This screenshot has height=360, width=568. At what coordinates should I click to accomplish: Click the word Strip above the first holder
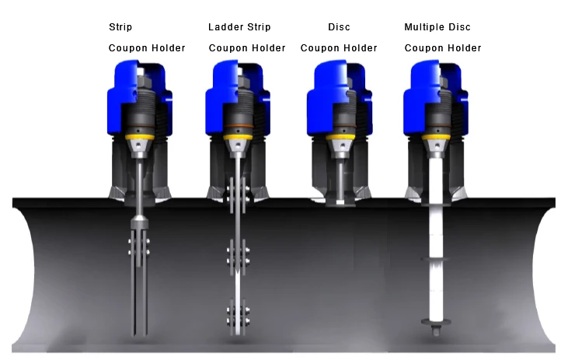click(120, 27)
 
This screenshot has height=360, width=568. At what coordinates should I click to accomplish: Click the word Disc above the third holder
click(339, 27)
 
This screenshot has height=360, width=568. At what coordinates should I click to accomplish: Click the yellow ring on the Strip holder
click(139, 137)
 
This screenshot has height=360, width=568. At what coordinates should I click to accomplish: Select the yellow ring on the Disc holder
click(340, 137)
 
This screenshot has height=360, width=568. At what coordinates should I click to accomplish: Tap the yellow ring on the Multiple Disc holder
click(436, 137)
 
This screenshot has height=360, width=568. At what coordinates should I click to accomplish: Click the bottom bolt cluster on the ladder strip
click(238, 316)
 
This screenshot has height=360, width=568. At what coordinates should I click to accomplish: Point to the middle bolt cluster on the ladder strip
click(238, 255)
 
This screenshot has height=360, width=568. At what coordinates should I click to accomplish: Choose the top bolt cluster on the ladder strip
click(238, 194)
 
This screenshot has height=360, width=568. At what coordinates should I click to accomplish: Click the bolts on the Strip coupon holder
click(139, 246)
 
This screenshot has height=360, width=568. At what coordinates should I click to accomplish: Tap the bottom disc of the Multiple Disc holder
click(436, 321)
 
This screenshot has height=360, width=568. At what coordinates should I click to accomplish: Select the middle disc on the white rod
click(436, 259)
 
